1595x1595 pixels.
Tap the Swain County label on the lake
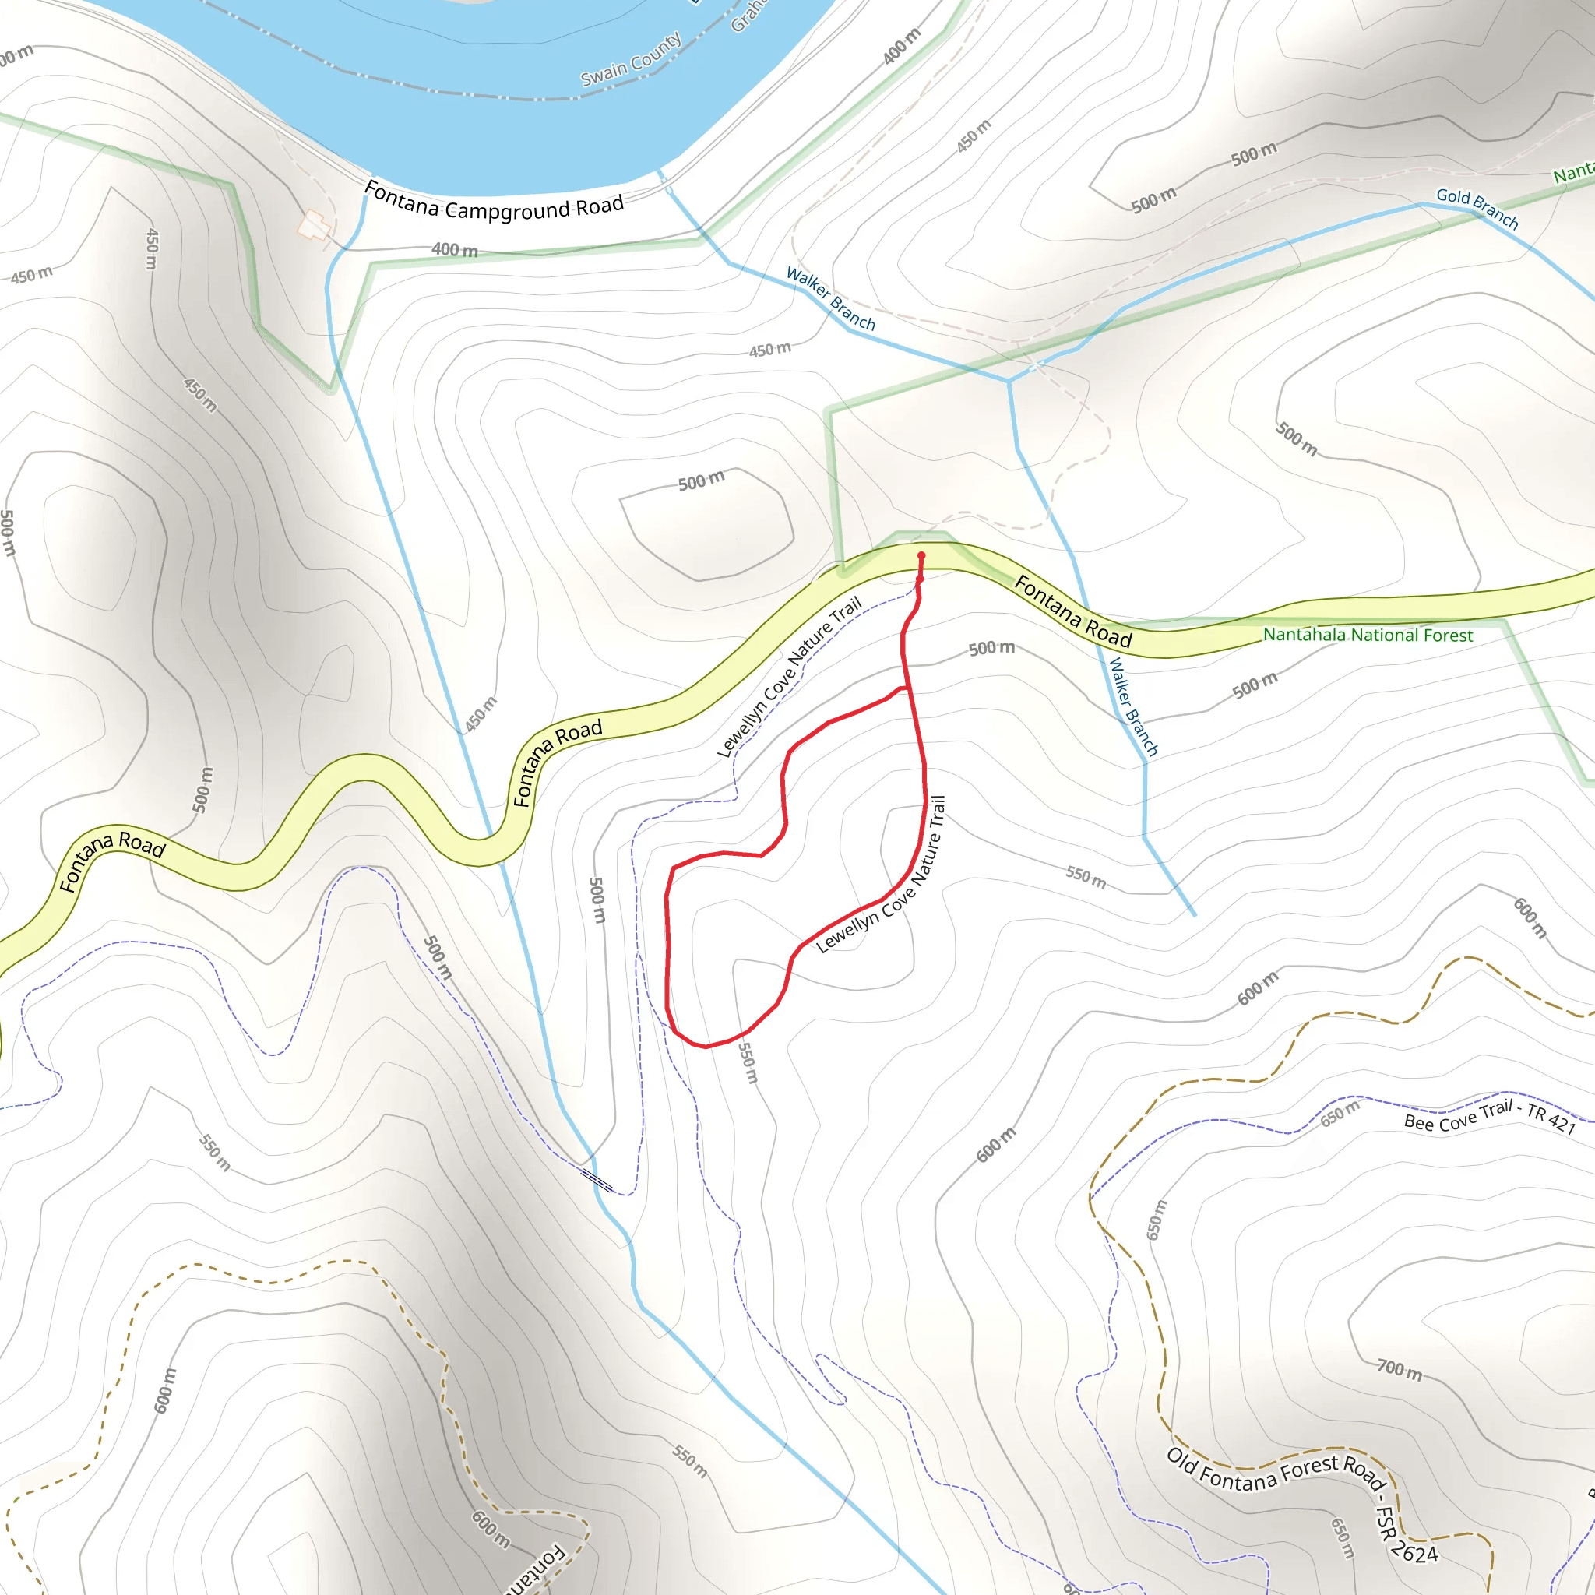631,59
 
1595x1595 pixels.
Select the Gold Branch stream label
1477,207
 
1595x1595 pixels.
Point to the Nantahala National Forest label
1367,635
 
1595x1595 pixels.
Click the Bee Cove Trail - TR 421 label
1489,1117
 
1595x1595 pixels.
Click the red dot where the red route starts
921,555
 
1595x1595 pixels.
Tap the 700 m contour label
1400,1370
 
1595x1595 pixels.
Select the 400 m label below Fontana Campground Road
454,249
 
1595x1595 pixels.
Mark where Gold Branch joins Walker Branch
1008,381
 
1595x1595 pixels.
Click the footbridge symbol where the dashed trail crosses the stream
597,1181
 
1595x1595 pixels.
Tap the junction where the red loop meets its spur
910,687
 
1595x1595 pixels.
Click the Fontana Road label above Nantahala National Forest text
1072,611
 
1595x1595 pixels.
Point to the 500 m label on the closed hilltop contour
701,481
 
